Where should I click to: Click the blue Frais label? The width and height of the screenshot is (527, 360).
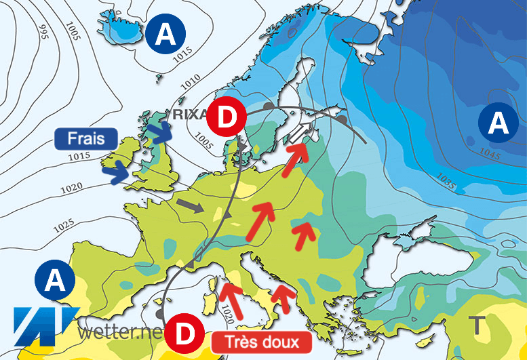pyautogui.click(x=85, y=139)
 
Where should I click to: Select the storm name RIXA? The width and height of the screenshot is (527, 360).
pyautogui.click(x=189, y=114)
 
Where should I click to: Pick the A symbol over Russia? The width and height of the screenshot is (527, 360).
pyautogui.click(x=499, y=123)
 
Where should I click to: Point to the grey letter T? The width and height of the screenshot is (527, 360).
pyautogui.click(x=478, y=326)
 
